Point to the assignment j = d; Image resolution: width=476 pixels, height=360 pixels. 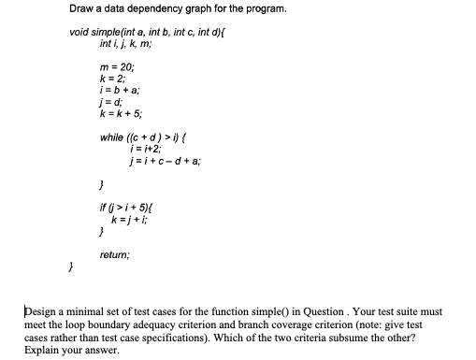pyautogui.click(x=110, y=102)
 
